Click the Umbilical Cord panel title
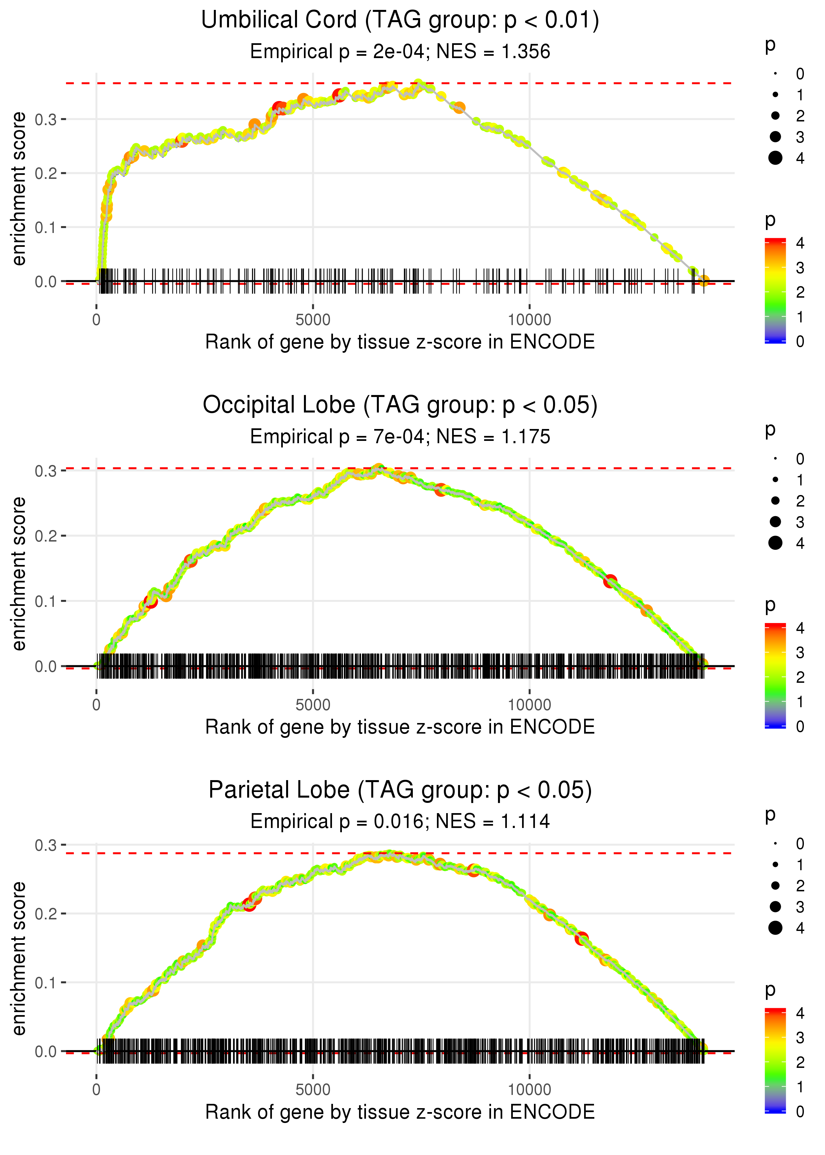(x=400, y=20)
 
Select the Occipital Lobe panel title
(x=400, y=405)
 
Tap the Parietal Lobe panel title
(x=400, y=790)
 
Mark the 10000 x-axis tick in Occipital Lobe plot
(x=529, y=705)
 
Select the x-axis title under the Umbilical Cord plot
(x=400, y=342)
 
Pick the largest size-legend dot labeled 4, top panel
(x=775, y=158)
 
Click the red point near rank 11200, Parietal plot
(x=582, y=938)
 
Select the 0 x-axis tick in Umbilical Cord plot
(x=96, y=320)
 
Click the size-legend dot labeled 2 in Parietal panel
(x=775, y=886)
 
